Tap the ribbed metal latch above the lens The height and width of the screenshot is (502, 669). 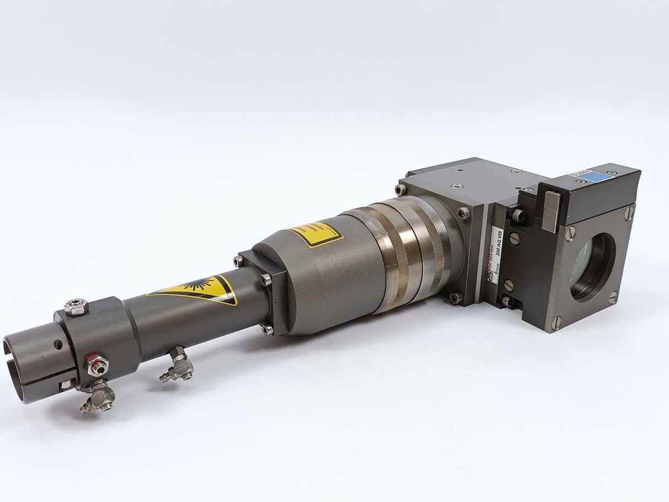pos(552,211)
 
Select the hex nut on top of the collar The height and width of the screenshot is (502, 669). pos(76,306)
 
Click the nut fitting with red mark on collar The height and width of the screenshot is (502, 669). pos(98,366)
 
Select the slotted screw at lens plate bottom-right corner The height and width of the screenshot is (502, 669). pos(613,298)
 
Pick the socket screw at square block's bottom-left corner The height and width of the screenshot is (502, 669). pos(455,298)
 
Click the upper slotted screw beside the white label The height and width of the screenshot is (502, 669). pos(514,238)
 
